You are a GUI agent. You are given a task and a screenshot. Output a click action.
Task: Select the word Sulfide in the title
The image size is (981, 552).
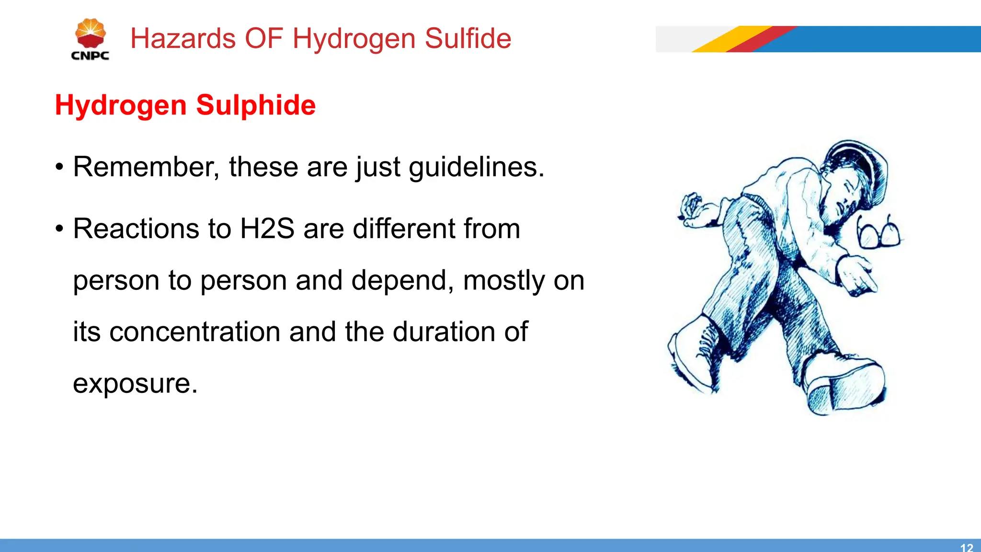468,38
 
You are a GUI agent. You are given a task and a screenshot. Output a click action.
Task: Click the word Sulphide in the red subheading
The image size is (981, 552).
256,105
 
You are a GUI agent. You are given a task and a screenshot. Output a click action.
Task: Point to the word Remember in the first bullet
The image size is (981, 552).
146,167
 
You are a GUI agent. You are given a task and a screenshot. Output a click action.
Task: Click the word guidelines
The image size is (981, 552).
476,167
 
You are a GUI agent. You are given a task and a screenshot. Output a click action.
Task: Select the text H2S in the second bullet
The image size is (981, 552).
267,229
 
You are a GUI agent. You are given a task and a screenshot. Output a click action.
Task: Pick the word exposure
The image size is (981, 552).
135,383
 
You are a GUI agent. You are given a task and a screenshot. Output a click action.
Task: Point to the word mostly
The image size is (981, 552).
504,280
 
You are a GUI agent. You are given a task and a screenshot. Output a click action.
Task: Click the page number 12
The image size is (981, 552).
967,547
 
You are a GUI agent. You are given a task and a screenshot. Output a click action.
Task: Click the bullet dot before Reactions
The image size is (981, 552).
59,229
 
